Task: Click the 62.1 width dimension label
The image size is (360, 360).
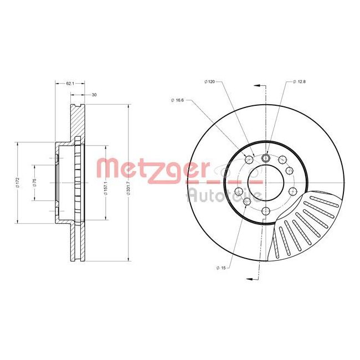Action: point(69,84)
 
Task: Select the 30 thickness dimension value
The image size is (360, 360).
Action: point(94,95)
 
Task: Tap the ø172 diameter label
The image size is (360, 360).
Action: point(18,182)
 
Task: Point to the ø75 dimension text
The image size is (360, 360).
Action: point(34,182)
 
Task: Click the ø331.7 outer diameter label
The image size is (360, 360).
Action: point(128,182)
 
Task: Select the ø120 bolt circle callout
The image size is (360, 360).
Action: point(209,82)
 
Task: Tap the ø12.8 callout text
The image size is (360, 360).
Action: point(299,82)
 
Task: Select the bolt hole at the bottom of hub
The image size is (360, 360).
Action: point(265,210)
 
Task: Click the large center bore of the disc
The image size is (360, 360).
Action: point(256,177)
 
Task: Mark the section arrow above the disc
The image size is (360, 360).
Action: point(256,85)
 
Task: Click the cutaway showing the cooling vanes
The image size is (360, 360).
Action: point(302,224)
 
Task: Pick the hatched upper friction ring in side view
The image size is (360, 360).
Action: point(76,122)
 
